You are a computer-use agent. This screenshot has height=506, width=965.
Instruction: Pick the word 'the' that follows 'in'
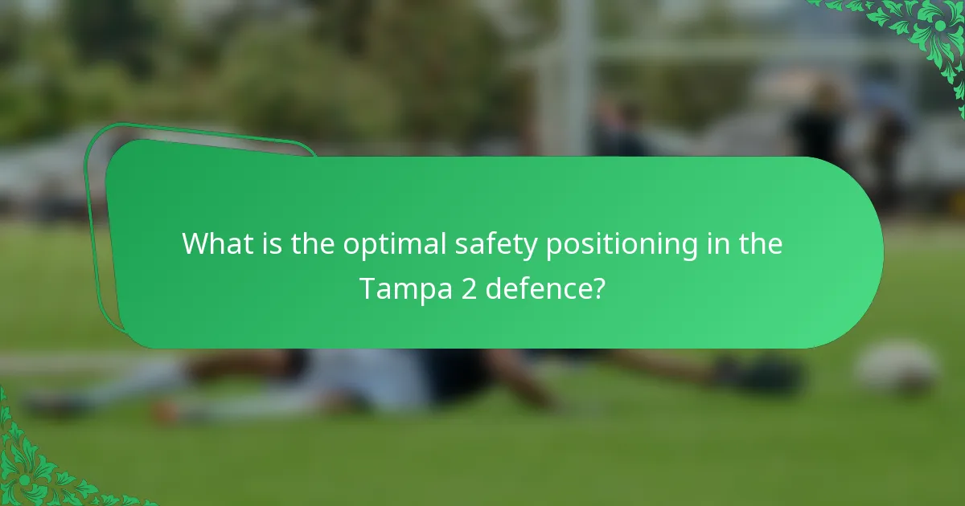coord(758,243)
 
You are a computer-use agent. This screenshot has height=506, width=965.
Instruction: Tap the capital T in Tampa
coord(367,288)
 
